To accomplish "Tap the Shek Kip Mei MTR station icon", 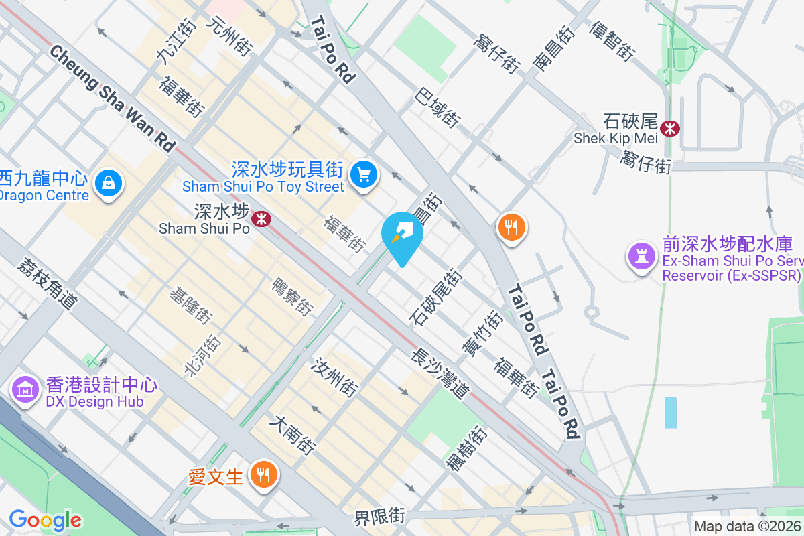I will (669, 127).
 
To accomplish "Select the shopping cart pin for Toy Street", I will (364, 176).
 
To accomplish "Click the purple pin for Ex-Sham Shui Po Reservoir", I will (641, 255).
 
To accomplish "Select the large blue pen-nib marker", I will (402, 236).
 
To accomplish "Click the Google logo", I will (46, 520).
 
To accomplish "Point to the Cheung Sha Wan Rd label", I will (111, 98).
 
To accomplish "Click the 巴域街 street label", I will (438, 107).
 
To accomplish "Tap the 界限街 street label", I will (380, 517).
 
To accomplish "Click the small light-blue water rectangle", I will (671, 413).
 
